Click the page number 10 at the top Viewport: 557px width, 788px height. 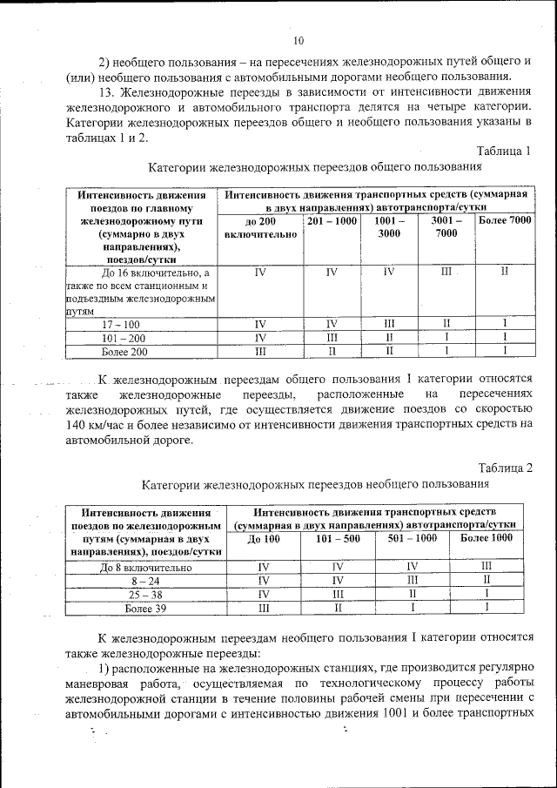coord(299,41)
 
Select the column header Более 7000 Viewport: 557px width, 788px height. coord(505,221)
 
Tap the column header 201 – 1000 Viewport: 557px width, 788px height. coord(332,221)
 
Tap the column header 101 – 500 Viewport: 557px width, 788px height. coord(338,539)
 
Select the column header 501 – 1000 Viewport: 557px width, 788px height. coord(413,539)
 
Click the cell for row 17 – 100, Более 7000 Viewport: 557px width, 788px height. coord(505,324)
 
